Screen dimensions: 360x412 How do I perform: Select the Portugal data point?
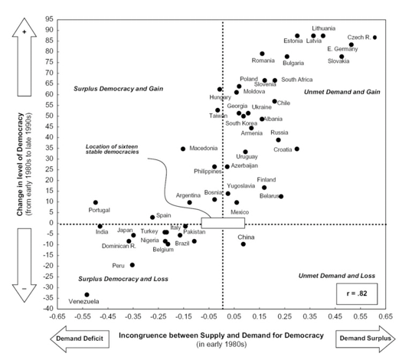coord(95,203)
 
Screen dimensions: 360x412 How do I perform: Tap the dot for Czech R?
coord(374,38)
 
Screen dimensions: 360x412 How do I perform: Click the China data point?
coord(244,244)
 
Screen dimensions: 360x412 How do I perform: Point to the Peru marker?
coord(132,265)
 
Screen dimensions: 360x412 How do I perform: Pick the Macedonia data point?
coord(183,149)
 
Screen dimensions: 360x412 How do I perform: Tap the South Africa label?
coord(297,79)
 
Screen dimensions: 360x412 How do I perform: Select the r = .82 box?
coord(358,293)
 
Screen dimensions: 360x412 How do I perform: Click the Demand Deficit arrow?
coord(82,338)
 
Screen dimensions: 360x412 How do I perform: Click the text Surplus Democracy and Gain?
coord(113,89)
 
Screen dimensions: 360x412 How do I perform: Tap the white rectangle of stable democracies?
coord(223,223)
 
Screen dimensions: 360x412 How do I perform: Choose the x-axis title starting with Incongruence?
coord(222,335)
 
